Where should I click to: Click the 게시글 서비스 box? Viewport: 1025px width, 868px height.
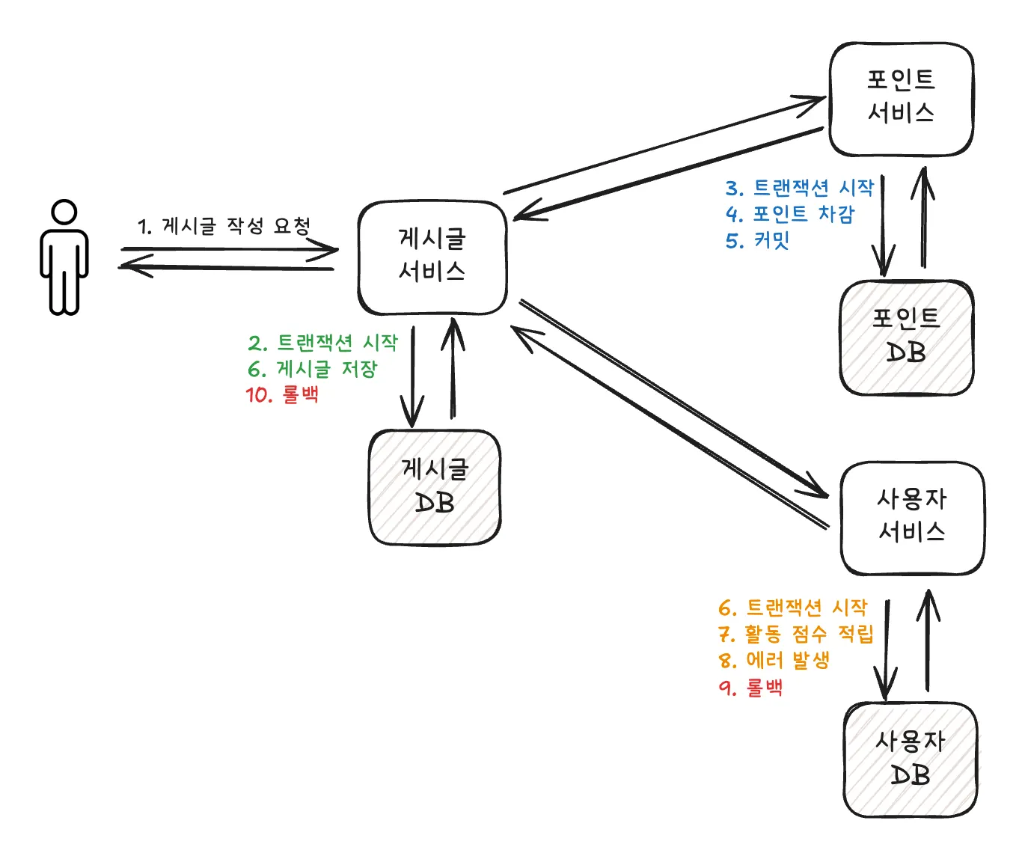[432, 257]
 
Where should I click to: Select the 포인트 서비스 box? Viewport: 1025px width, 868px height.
[901, 99]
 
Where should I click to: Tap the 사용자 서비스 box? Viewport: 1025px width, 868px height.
[912, 518]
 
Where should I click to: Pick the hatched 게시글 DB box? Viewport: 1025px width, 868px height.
[435, 487]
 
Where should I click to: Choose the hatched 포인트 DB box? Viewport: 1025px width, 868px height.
[906, 337]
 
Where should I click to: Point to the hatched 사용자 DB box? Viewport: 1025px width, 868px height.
[911, 759]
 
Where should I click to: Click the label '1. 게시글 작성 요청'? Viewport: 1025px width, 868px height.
[224, 226]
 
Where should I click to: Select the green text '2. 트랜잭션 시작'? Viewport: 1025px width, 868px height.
[323, 343]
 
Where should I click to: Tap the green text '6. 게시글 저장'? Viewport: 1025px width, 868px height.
[313, 369]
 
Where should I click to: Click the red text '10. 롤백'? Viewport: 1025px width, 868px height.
[282, 394]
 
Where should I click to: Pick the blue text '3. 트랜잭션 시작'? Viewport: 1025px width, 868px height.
[799, 188]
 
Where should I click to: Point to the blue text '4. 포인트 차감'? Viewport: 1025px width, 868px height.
[790, 214]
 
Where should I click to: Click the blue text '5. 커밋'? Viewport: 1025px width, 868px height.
[757, 240]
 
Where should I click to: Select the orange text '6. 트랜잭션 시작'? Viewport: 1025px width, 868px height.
[792, 608]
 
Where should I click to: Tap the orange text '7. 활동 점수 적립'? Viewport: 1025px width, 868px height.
[795, 635]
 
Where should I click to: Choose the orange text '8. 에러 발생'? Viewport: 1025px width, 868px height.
[774, 661]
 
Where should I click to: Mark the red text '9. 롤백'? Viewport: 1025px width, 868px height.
[750, 687]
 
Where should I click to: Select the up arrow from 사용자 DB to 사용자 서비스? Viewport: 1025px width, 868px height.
[928, 641]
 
